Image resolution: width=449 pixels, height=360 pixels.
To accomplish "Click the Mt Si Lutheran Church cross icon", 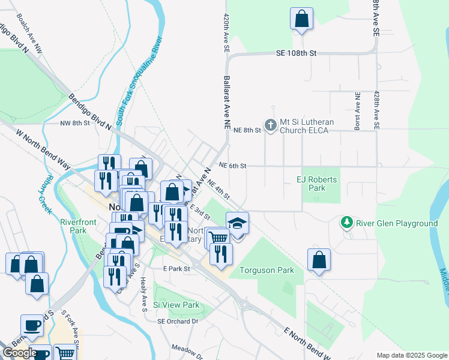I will click(270, 125).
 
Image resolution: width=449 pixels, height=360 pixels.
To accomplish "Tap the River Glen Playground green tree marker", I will click(346, 223).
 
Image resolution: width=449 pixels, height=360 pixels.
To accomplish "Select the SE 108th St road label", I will click(296, 53).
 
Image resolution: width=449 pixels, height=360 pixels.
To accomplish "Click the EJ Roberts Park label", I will click(317, 184).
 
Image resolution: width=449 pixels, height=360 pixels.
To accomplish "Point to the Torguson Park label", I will click(267, 270).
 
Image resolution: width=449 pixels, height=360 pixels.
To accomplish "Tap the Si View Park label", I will click(176, 305).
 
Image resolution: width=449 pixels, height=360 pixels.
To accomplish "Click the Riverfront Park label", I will click(78, 226).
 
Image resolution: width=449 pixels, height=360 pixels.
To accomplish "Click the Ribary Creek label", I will click(46, 195).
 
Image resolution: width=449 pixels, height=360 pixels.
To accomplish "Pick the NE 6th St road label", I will click(234, 166).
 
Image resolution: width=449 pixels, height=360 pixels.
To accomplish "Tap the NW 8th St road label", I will click(74, 122).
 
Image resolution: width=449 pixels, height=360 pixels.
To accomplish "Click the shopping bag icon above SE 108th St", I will click(301, 19).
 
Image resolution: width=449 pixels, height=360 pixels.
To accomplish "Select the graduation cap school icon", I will click(237, 223).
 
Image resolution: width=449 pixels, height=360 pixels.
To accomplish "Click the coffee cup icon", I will click(32, 325).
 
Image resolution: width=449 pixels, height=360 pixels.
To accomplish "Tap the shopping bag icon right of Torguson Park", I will click(319, 260).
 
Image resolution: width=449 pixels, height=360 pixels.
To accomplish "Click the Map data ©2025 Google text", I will click(411, 355).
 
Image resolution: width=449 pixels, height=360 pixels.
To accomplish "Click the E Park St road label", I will click(178, 269).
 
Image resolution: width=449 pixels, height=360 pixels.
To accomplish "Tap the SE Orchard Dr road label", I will click(178, 322).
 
